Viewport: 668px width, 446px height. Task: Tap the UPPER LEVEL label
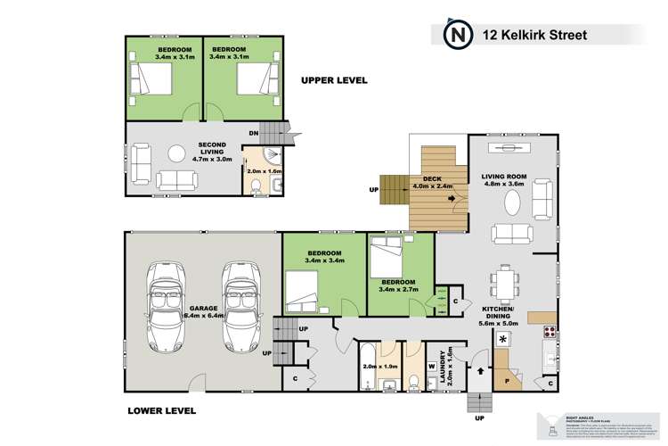point(334,80)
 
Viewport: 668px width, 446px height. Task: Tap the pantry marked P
point(508,368)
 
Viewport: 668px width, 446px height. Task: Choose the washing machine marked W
point(432,364)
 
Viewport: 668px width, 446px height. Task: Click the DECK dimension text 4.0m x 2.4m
point(434,187)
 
